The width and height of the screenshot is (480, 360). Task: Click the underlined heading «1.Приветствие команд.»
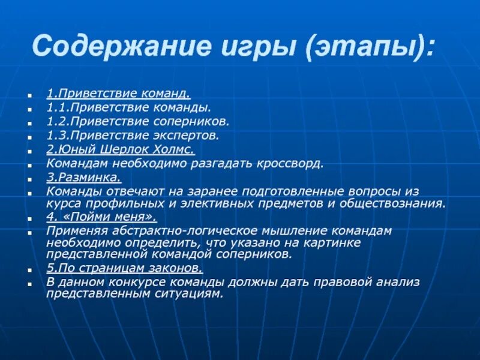119,94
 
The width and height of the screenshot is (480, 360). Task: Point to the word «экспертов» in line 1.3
190,135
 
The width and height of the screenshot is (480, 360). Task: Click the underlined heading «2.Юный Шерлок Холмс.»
121,149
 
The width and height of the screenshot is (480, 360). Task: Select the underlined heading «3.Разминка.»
84,177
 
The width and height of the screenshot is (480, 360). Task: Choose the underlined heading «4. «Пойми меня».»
101,217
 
